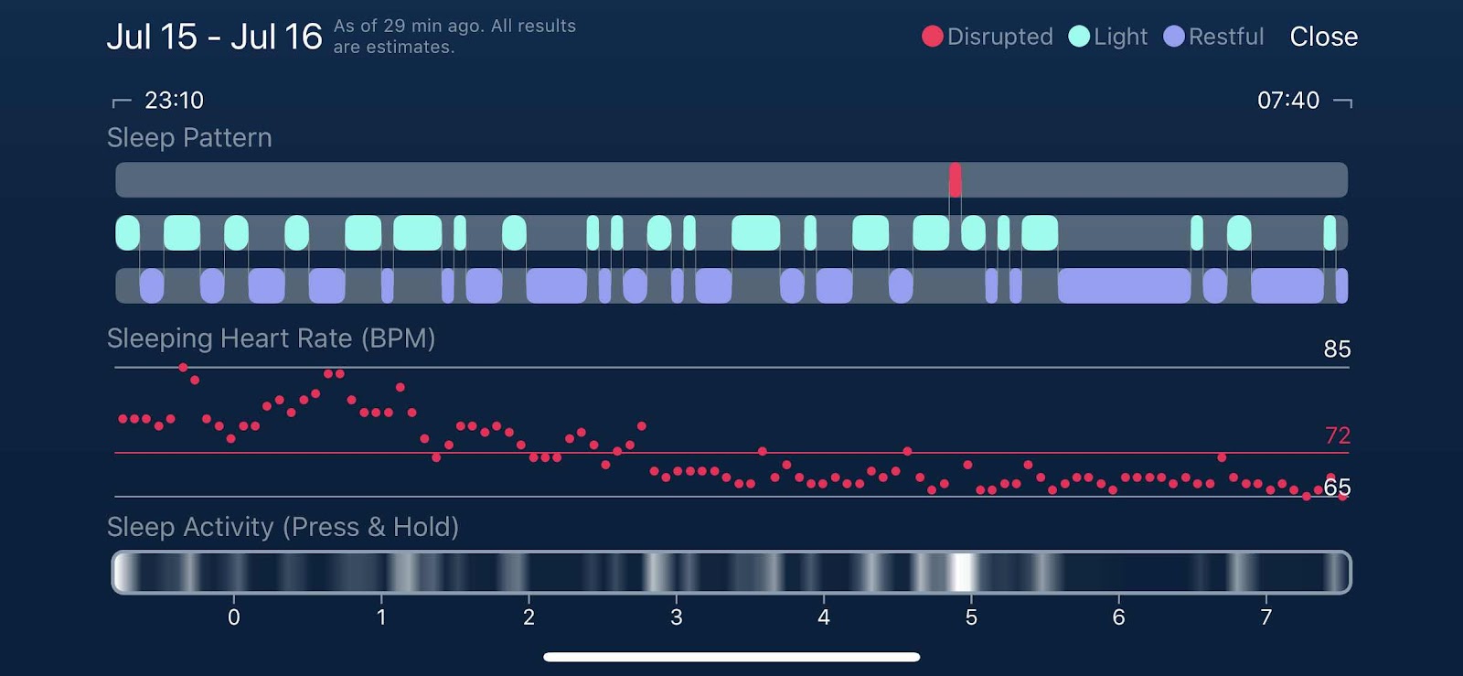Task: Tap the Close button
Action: (1323, 37)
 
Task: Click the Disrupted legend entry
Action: (988, 37)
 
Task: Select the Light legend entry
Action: (1107, 37)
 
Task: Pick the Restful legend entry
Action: (1213, 37)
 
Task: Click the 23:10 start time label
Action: (174, 100)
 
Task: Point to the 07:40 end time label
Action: (1287, 100)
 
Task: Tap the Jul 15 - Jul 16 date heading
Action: (214, 37)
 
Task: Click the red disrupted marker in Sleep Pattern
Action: (955, 180)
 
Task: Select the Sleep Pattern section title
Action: (189, 137)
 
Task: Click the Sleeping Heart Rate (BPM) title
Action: (271, 338)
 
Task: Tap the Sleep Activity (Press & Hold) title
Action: (283, 527)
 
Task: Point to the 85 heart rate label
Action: (1337, 349)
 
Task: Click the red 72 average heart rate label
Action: (1337, 435)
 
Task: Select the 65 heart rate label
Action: (1337, 488)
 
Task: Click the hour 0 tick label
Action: (234, 617)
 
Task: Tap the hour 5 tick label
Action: (971, 617)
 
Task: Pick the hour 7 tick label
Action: (1265, 617)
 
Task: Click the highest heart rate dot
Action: (184, 368)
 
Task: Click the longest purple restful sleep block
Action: (1124, 286)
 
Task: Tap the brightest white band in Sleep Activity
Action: (961, 573)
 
